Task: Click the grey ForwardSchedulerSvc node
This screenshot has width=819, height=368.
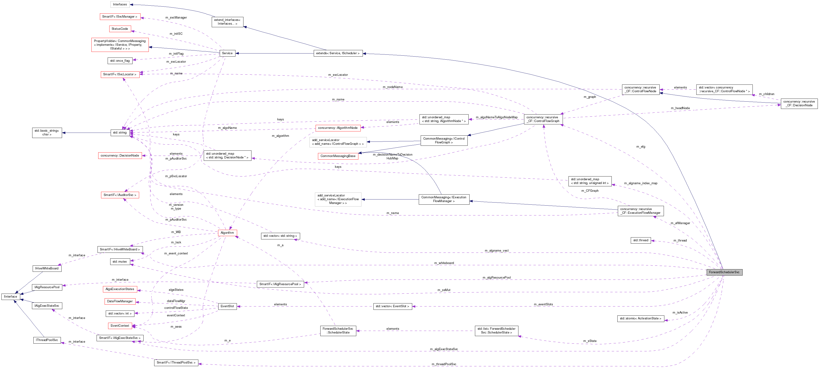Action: pos(724,272)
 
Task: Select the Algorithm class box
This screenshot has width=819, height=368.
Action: pos(227,233)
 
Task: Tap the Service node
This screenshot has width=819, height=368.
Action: pos(227,53)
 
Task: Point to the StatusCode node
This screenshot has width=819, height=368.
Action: pos(120,29)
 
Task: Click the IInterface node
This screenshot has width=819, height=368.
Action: pos(11,297)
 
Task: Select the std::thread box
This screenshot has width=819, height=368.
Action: pos(641,240)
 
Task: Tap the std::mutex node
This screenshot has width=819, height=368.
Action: pos(120,262)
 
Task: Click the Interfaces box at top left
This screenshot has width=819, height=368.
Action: pos(120,4)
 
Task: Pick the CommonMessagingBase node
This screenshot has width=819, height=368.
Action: pos(338,156)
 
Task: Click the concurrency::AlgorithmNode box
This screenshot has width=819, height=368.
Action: pos(338,128)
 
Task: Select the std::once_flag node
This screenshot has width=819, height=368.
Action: pos(120,61)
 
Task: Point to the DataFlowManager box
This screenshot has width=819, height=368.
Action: pos(120,301)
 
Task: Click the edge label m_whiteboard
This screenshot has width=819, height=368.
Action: pos(444,263)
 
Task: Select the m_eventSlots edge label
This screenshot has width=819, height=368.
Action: pos(543,304)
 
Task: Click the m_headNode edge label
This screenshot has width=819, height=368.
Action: pos(680,108)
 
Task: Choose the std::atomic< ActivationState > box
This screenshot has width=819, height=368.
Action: pos(641,318)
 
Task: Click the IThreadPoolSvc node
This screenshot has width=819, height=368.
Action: pos(47,340)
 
